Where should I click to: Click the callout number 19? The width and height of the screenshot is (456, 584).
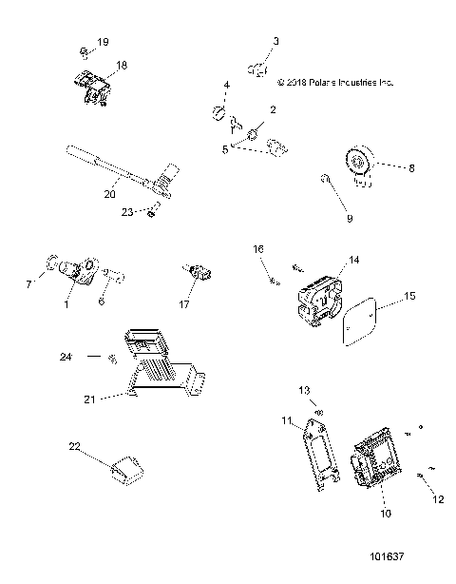(104, 43)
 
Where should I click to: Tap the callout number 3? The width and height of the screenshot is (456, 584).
(276, 41)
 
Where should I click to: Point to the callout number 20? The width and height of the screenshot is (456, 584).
(109, 194)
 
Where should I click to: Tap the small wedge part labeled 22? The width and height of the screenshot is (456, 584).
(126, 469)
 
